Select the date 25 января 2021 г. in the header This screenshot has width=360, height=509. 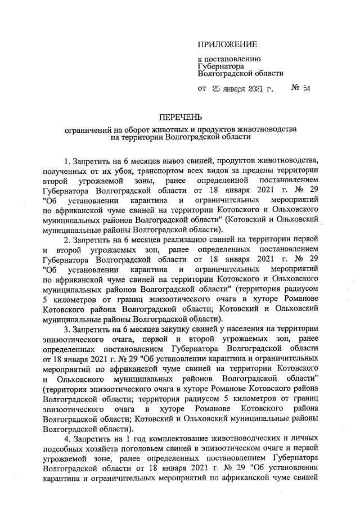pos(242,88)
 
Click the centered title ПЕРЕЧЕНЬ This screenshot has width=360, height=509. pos(180,117)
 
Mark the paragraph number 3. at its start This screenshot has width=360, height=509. pos(68,329)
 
